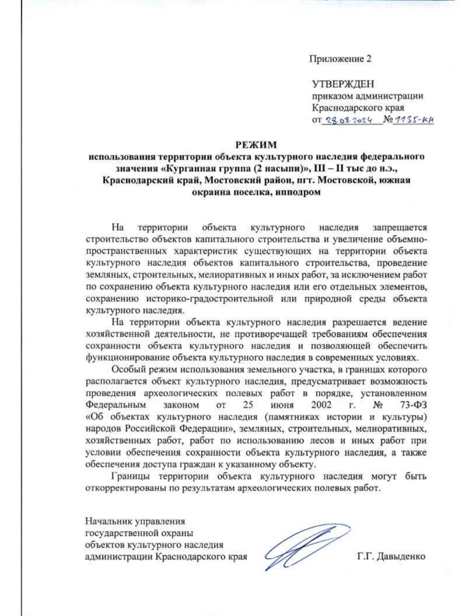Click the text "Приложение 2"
(340, 59)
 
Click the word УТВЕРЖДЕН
(343, 84)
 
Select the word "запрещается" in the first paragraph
(400, 228)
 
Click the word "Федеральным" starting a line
(115, 405)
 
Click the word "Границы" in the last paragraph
(129, 476)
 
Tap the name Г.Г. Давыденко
(391, 557)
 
